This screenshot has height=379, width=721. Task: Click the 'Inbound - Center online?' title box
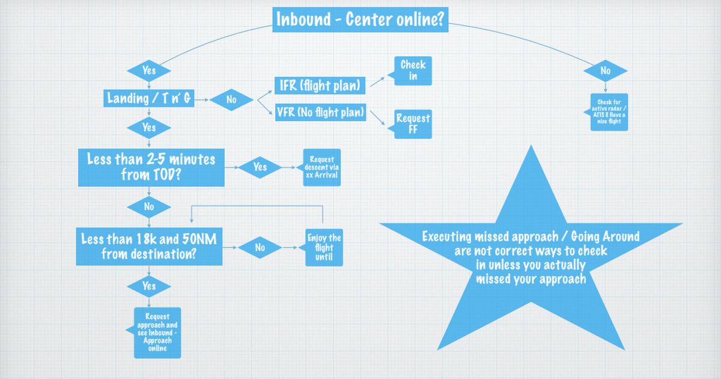coord(360,20)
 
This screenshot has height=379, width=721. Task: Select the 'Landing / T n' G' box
coord(150,99)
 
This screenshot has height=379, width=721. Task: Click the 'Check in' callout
coord(412,71)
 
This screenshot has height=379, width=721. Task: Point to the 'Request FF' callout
coord(412,124)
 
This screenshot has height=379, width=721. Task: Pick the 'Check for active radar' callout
coord(608,112)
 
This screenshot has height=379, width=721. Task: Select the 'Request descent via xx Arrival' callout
coord(321,167)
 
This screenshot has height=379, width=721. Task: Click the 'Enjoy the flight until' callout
coord(324,247)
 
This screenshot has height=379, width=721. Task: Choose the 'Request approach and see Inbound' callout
coord(157,333)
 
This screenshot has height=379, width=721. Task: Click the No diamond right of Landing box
coord(231,100)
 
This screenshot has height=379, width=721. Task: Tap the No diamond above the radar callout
coord(606,71)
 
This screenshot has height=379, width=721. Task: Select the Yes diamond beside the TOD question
coord(260,167)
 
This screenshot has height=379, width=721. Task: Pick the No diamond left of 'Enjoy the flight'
coord(260,247)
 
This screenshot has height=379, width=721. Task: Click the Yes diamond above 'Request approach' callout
coord(149,286)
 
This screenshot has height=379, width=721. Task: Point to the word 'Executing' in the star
coord(447,236)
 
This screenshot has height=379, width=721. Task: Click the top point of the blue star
coord(531,147)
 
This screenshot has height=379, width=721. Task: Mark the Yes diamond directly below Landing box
coord(149,128)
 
